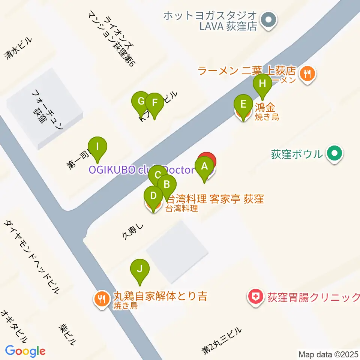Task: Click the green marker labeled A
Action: coord(204,166)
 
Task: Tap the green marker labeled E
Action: coord(243,104)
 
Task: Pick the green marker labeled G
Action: coord(141,101)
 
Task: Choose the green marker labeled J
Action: coord(139,268)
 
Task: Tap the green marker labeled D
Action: coord(153,196)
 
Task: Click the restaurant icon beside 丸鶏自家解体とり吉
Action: coord(102,299)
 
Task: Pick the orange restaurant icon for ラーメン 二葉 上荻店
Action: coord(308,73)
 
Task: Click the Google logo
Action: coord(25,351)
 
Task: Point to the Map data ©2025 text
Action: coord(328,354)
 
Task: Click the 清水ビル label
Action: coord(18,49)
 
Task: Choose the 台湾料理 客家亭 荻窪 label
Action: coord(215,198)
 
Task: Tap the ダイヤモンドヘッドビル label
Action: coord(32,256)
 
